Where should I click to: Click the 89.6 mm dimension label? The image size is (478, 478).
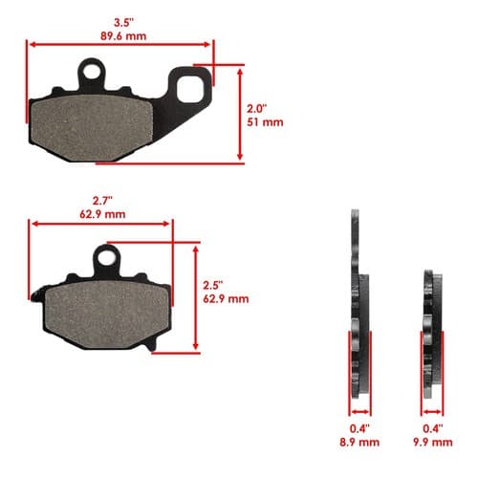coord(123,36)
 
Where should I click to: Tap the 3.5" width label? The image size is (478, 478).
coord(123,23)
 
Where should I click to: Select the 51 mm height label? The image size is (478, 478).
coord(265,122)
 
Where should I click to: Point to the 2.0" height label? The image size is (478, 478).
coord(257,109)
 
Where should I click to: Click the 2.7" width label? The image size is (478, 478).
coord(102,201)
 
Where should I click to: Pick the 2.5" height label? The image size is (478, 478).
coord(213,285)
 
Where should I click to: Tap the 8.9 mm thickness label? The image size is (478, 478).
coord(359,443)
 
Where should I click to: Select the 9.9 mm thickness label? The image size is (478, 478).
coord(433,443)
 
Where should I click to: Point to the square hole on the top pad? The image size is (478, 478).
coord(190,89)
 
